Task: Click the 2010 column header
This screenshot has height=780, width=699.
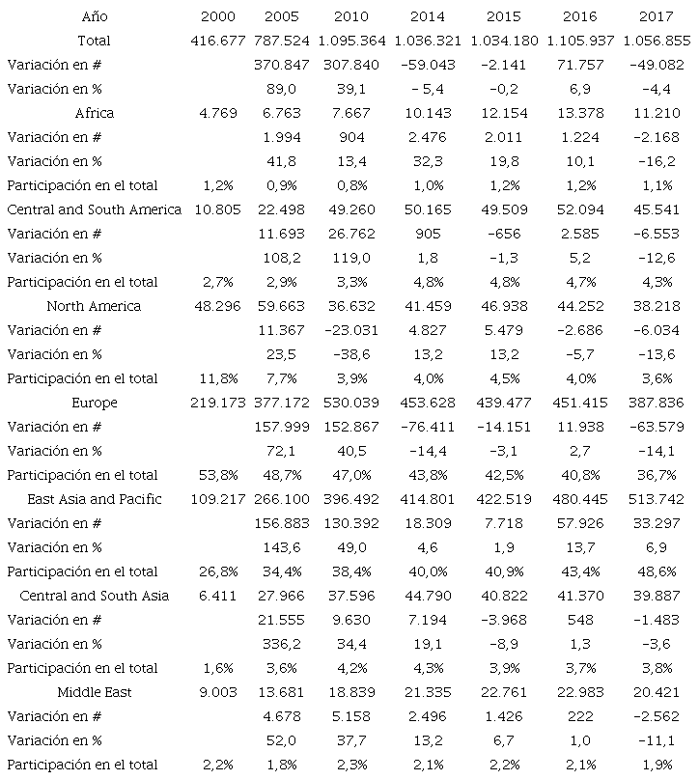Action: point(351,16)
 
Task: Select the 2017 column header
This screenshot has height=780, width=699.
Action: point(657,16)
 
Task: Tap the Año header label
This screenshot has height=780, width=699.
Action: point(95,16)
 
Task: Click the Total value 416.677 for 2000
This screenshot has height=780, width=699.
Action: point(218,41)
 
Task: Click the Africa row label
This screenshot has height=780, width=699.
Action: point(95,113)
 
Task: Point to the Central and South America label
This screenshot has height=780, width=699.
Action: point(95,209)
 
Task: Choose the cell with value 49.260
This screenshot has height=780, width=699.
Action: point(351,209)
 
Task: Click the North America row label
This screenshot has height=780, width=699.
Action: point(95,306)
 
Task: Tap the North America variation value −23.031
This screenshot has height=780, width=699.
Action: point(351,330)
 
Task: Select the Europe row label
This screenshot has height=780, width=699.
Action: point(95,403)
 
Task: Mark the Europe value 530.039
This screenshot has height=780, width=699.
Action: point(351,403)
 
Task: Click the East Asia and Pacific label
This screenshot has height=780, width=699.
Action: point(95,499)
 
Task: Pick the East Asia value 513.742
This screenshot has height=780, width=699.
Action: point(657,499)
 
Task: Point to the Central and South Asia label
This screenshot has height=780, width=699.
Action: point(95,596)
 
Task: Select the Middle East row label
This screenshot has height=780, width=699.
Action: point(95,692)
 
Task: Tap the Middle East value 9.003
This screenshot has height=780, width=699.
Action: point(218,692)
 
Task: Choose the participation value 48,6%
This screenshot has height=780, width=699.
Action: point(657,571)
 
